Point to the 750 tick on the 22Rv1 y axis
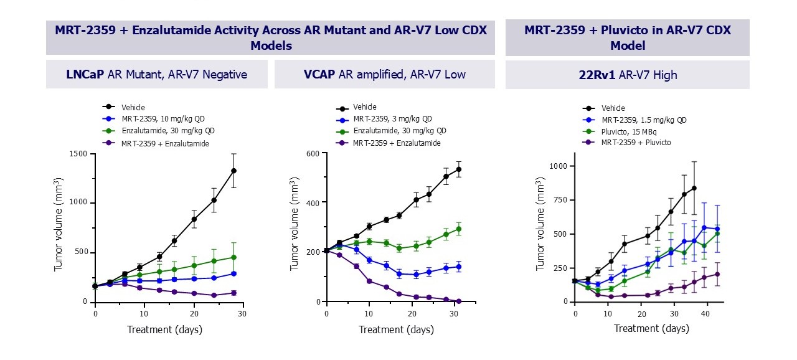pos(558,200)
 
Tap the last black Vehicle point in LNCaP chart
pos(233,171)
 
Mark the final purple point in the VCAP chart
pos(458,301)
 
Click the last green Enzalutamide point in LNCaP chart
pos(233,257)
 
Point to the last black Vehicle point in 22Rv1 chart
pos(694,188)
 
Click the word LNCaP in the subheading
pos(86,75)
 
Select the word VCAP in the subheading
pos(319,75)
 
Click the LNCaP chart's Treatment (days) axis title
pos(164,329)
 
